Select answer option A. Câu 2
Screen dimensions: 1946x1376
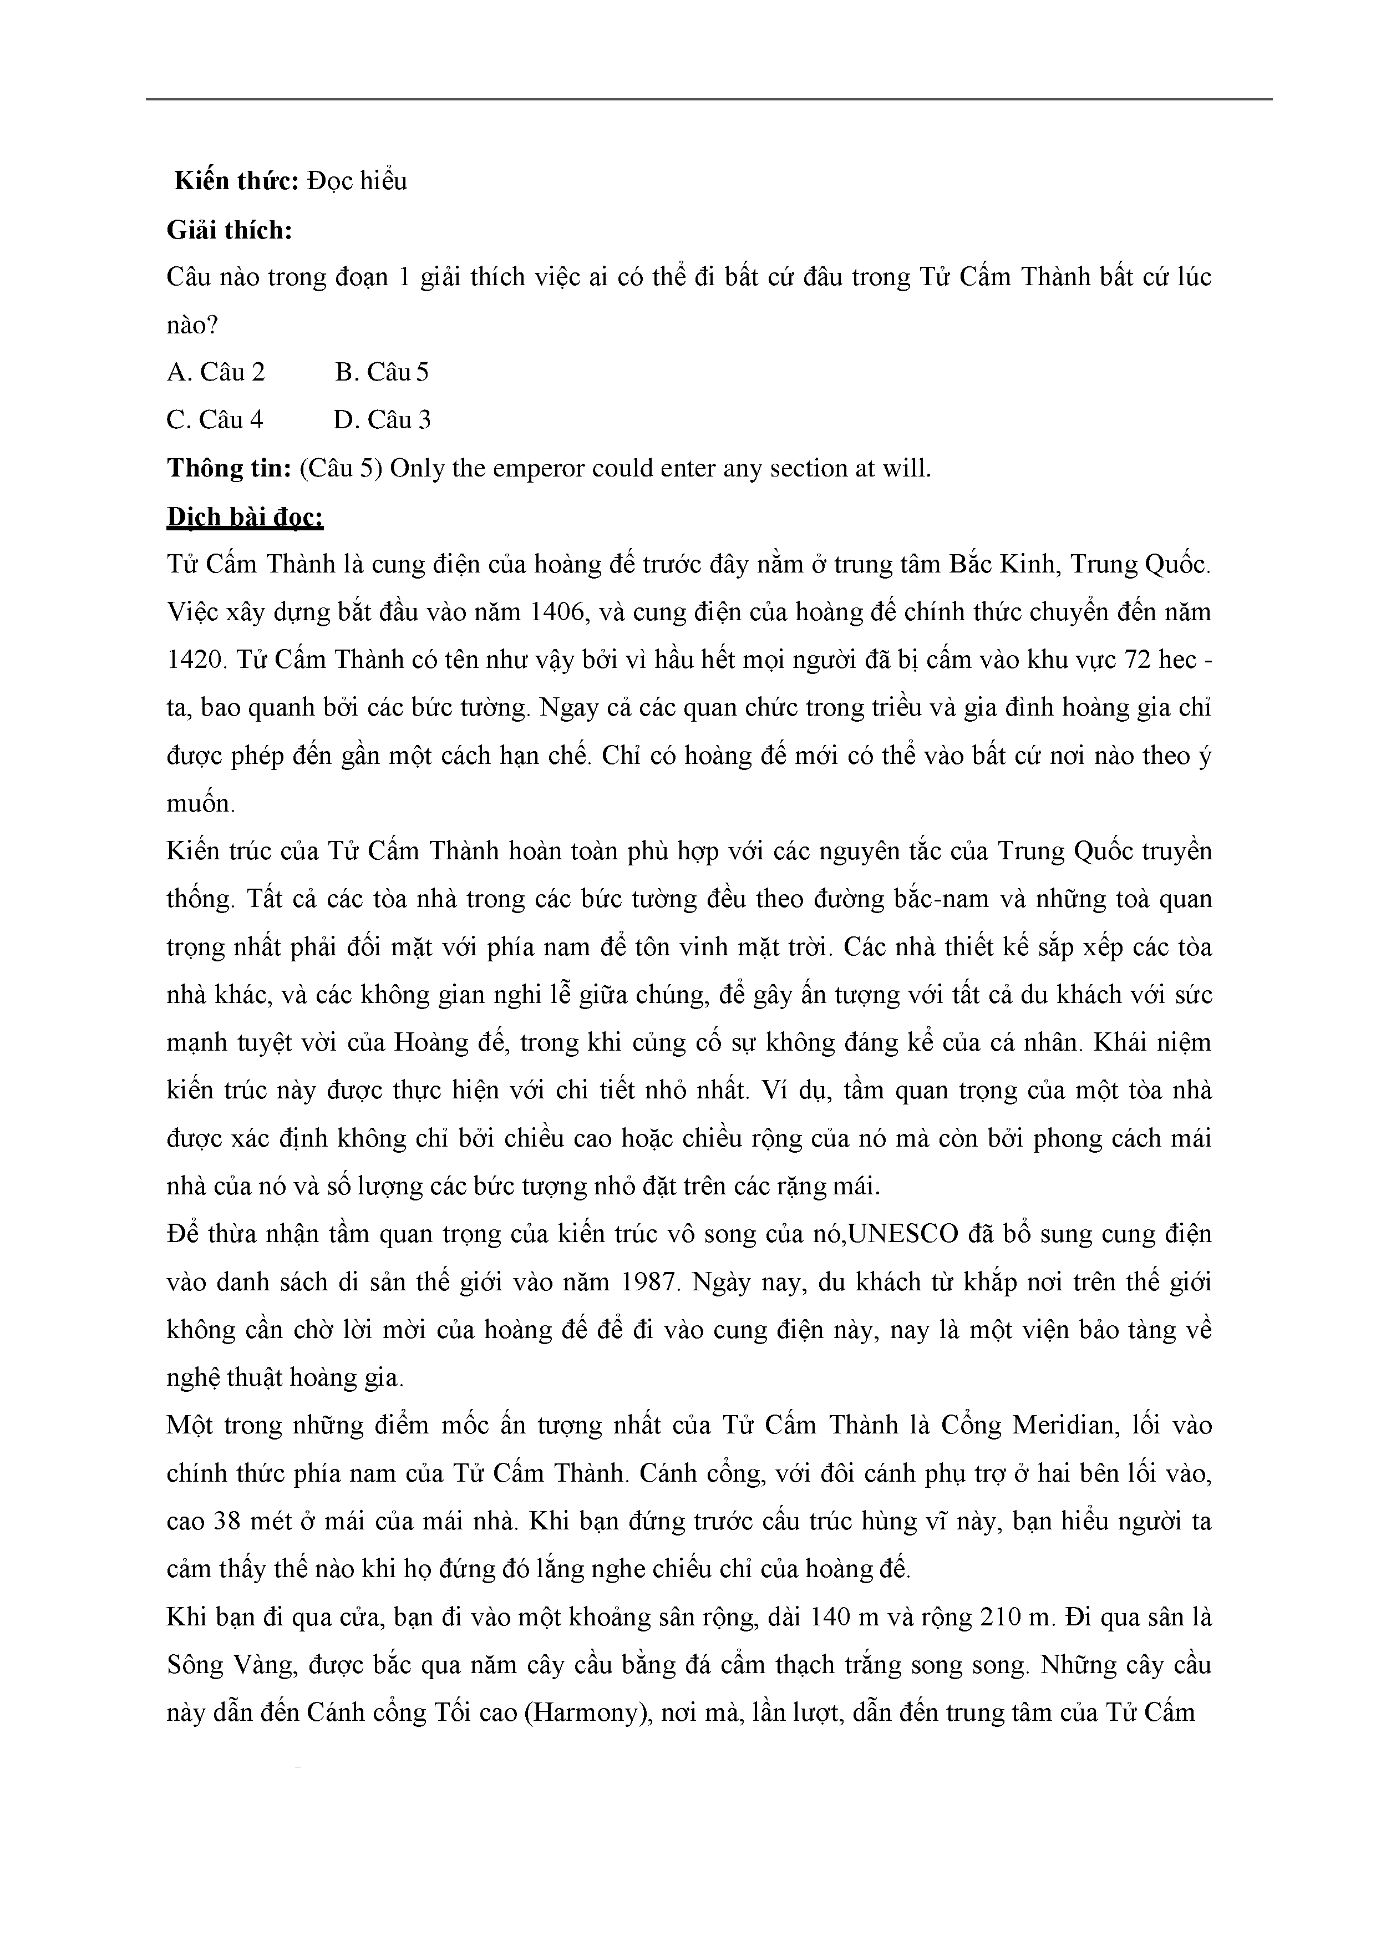coord(216,372)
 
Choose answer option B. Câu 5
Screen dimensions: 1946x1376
coord(382,372)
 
